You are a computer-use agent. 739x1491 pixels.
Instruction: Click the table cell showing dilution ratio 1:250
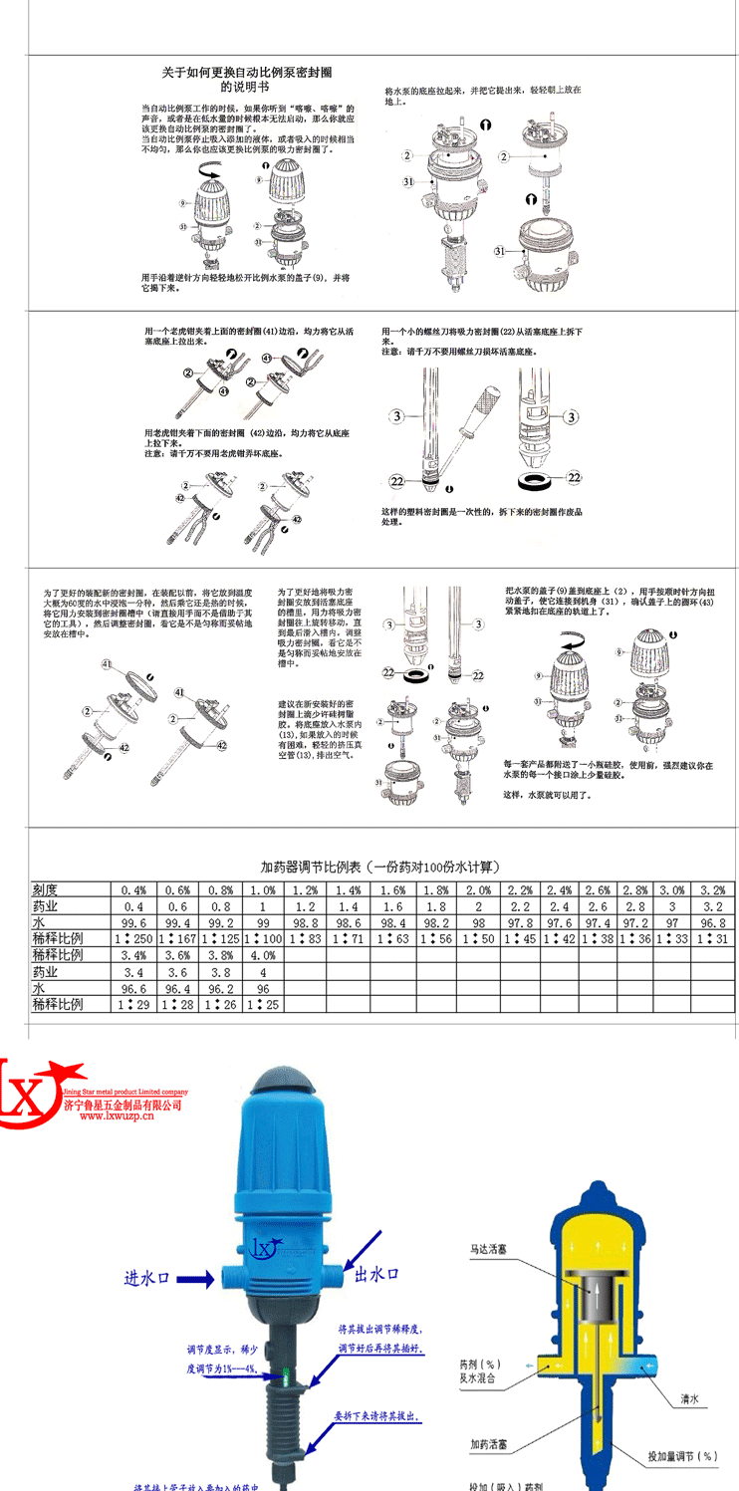tap(133, 939)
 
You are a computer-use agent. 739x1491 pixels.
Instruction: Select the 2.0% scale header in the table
tap(477, 890)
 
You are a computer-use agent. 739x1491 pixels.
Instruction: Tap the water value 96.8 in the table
tap(711, 923)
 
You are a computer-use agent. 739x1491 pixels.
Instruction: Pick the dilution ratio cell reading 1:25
tap(262, 1005)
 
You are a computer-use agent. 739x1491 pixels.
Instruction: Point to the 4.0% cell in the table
tap(262, 955)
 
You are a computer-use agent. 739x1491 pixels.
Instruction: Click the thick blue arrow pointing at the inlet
tap(199, 1277)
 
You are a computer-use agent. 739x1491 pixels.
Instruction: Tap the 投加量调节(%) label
tap(682, 1456)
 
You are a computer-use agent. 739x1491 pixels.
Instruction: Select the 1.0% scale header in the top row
tap(262, 890)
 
